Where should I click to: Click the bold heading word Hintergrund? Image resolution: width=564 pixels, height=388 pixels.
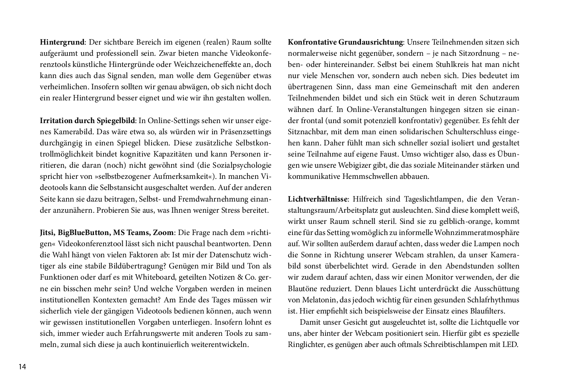click(x=62, y=42)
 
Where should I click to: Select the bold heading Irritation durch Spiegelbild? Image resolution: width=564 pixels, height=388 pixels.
click(x=88, y=121)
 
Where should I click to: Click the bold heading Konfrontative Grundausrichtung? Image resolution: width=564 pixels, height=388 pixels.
click(x=345, y=42)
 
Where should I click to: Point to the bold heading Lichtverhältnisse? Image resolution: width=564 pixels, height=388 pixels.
click(x=318, y=199)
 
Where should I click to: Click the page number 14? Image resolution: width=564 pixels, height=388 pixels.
click(x=22, y=367)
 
